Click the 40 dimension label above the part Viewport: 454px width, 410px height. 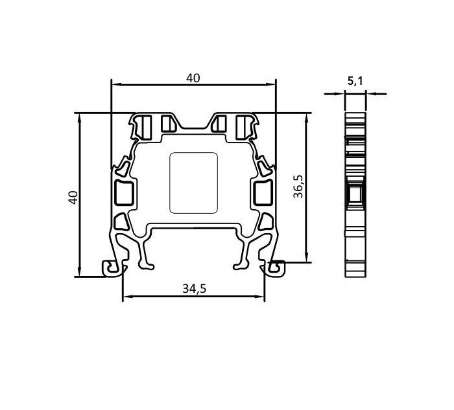tap(193, 78)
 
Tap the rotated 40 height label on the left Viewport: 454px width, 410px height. tap(73, 197)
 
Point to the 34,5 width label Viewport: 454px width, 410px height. tap(194, 289)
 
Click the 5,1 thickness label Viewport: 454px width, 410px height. tap(355, 81)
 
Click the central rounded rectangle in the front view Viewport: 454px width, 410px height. tap(193, 183)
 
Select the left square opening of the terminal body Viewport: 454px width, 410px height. tap(123, 192)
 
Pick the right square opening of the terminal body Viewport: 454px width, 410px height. tap(263, 192)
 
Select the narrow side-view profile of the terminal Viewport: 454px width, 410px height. tap(355, 194)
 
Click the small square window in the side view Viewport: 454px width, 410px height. tap(355, 194)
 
